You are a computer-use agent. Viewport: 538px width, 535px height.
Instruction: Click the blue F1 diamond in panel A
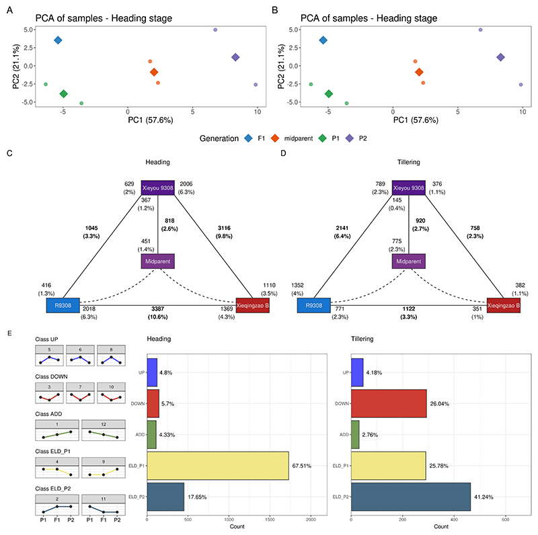point(58,41)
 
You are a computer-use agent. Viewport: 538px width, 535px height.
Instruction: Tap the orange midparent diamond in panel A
point(154,72)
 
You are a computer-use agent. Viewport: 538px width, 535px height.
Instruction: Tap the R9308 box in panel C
point(63,304)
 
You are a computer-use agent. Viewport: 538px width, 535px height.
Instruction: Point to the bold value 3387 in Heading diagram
point(158,309)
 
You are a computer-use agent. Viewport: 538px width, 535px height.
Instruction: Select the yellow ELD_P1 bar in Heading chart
point(218,465)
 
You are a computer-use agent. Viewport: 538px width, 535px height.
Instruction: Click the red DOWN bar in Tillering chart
point(389,403)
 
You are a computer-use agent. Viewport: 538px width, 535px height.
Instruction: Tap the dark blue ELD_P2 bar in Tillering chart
point(411,497)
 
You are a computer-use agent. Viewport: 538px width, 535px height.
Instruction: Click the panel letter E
point(9,331)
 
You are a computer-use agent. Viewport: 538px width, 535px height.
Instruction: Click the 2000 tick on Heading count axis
point(311,520)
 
